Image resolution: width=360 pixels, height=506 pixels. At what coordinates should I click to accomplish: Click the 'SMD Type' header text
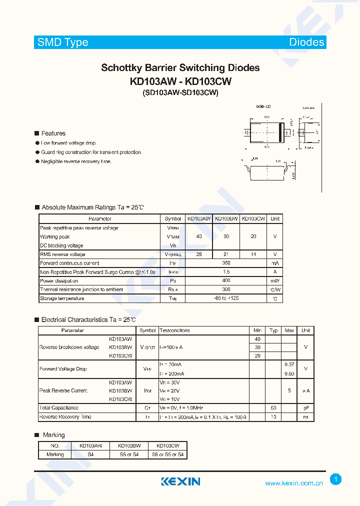[63, 42]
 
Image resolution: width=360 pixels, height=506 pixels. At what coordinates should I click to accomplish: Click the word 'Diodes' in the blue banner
[306, 42]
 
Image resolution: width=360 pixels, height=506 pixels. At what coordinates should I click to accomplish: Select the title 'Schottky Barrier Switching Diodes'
[180, 68]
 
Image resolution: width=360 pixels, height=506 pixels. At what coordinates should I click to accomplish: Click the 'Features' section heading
[53, 133]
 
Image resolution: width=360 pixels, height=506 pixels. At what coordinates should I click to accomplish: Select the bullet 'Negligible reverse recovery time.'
[76, 161]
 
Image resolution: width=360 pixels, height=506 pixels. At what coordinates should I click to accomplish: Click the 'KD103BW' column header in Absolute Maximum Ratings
[226, 219]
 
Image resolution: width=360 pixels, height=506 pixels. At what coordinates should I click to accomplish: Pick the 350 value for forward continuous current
[226, 263]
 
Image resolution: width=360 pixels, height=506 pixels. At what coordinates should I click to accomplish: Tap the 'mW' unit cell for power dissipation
[275, 280]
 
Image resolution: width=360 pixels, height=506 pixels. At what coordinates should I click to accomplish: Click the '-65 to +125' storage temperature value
[226, 298]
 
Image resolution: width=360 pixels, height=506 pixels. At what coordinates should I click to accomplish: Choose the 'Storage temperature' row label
[62, 298]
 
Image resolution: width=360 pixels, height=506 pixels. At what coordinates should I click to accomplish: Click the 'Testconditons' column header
[174, 330]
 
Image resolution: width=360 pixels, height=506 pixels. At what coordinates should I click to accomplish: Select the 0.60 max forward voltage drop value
[289, 373]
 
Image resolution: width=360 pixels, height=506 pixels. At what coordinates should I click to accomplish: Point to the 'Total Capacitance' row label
[59, 408]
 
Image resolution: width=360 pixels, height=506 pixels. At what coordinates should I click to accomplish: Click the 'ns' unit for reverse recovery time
[305, 416]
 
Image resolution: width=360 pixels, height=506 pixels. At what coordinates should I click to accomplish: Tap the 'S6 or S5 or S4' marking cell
[168, 454]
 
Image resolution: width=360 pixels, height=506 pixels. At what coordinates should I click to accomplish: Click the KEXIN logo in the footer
[180, 481]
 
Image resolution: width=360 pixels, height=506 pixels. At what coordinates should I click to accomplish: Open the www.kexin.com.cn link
[294, 483]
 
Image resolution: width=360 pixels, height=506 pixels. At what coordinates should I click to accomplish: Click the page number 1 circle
[336, 479]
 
